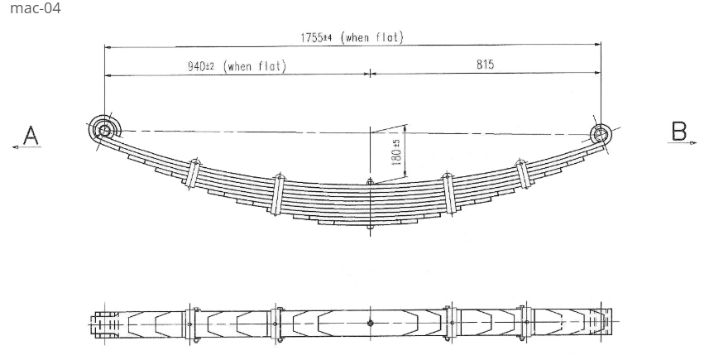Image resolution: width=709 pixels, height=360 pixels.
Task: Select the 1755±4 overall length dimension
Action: [x=315, y=38]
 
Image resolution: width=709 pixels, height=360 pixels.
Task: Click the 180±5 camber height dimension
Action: [x=397, y=154]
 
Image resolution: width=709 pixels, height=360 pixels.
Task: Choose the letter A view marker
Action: [x=31, y=134]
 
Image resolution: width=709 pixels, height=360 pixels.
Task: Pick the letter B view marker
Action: [x=678, y=131]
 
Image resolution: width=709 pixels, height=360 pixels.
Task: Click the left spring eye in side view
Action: [x=103, y=130]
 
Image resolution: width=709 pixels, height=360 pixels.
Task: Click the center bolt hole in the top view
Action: [x=370, y=323]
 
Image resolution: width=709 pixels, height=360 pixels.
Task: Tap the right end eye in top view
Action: [x=602, y=323]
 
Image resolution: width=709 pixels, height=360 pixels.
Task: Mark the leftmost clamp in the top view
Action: [x=191, y=323]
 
